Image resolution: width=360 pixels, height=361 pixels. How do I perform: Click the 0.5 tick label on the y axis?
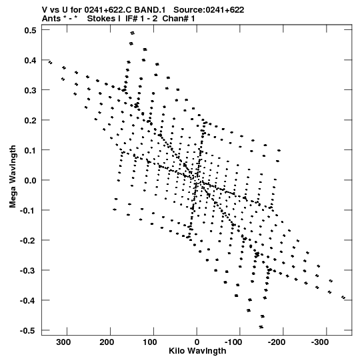tap(30, 30)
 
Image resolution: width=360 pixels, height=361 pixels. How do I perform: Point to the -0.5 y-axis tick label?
tap(28, 330)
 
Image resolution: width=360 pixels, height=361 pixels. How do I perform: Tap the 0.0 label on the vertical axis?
tap(30, 180)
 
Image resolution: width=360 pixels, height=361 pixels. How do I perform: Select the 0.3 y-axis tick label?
tap(30, 90)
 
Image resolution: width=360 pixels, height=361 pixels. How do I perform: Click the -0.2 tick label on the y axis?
tap(28, 240)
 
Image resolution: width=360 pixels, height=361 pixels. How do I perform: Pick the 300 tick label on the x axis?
tap(64, 342)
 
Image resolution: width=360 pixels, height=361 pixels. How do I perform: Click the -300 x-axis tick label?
tap(320, 342)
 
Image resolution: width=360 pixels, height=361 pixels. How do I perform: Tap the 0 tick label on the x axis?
tap(197, 342)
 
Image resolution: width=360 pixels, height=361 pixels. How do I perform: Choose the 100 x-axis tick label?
tap(150, 342)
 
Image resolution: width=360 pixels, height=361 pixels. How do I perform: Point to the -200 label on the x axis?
tap(277, 342)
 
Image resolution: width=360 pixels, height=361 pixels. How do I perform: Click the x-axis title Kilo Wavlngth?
tap(197, 351)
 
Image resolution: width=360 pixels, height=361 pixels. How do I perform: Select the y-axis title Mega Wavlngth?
tap(13, 177)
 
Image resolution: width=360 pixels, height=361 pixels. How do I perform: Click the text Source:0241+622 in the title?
tap(209, 10)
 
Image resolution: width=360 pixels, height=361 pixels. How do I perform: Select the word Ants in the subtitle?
tap(51, 19)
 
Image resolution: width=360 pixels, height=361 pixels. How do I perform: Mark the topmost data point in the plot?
tap(132, 33)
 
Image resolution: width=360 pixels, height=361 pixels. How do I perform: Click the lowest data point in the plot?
tap(261, 327)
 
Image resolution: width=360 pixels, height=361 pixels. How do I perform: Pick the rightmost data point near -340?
tap(343, 298)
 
